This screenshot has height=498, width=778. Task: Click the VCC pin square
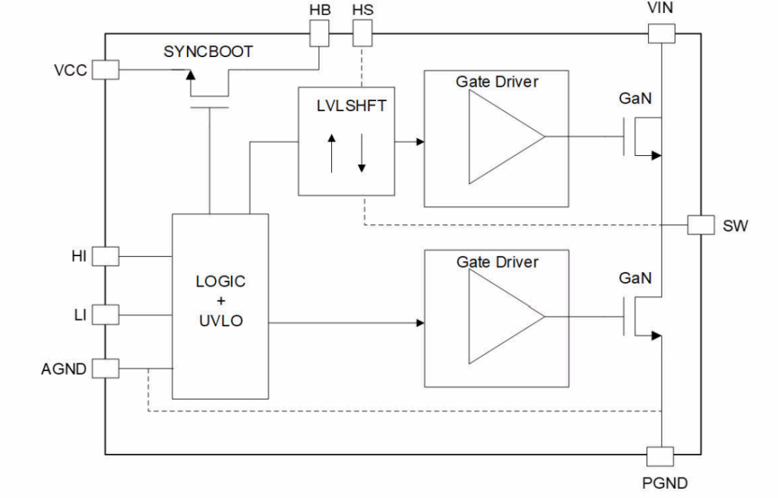pyautogui.click(x=106, y=69)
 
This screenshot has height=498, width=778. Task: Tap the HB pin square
pyautogui.click(x=319, y=33)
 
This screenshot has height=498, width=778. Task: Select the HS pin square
pyautogui.click(x=362, y=33)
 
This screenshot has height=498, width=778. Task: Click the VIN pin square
pyautogui.click(x=662, y=33)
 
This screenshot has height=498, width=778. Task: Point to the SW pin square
pyautogui.click(x=701, y=225)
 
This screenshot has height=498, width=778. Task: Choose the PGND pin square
pyautogui.click(x=660, y=456)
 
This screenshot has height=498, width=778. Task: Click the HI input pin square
pyautogui.click(x=106, y=256)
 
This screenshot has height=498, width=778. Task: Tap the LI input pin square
pyautogui.click(x=106, y=314)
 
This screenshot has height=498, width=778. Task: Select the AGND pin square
pyautogui.click(x=106, y=369)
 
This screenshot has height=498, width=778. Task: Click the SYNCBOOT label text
pyautogui.click(x=208, y=52)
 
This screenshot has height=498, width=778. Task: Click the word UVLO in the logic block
pyautogui.click(x=221, y=321)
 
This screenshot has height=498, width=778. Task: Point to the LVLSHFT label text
pyautogui.click(x=351, y=106)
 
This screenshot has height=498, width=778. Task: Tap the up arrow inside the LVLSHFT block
pyautogui.click(x=331, y=154)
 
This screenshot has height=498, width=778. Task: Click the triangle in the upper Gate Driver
pyautogui.click(x=507, y=137)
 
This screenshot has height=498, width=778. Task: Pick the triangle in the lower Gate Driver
pyautogui.click(x=507, y=316)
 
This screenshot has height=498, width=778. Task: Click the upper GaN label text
pyautogui.click(x=635, y=98)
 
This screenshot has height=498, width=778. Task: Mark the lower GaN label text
pyautogui.click(x=635, y=278)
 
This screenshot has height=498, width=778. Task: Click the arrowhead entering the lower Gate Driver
pyautogui.click(x=420, y=323)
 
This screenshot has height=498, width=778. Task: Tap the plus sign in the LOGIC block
pyautogui.click(x=221, y=301)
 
